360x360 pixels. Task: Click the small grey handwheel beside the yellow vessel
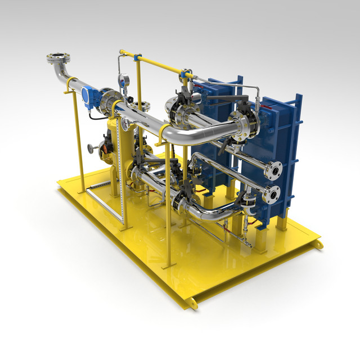point(90,148)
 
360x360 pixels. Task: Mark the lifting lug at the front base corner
point(192,303)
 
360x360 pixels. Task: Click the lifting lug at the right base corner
point(319,245)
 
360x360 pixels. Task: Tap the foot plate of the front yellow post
point(166,264)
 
